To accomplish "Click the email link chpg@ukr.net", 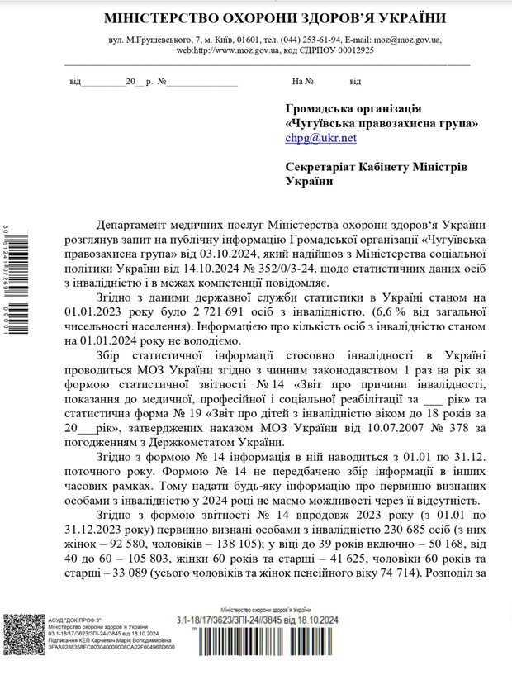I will coord(320,138).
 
